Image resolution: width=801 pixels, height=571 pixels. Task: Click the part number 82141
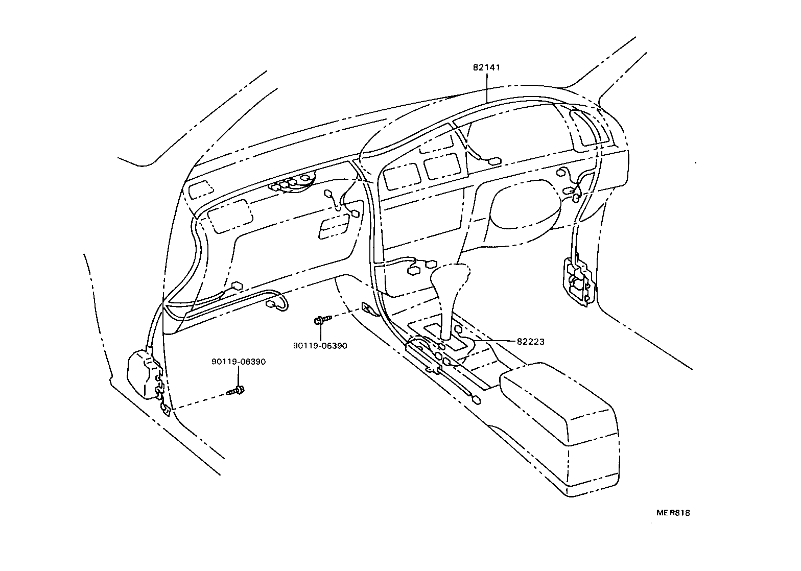click(x=486, y=67)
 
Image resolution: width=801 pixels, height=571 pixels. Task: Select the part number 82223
click(x=530, y=342)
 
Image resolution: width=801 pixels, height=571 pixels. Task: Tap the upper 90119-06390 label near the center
click(x=320, y=346)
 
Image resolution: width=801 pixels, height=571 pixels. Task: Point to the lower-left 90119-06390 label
click(x=239, y=362)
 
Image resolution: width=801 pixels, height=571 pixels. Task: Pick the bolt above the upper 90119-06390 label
click(x=321, y=320)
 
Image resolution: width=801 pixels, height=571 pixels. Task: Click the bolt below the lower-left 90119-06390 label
click(x=235, y=392)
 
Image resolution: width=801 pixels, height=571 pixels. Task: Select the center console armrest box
click(x=559, y=403)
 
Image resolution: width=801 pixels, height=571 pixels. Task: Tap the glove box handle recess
click(x=335, y=226)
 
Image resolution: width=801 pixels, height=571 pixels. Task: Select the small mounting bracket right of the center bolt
click(x=369, y=308)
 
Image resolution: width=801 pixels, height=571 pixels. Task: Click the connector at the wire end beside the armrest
click(x=477, y=400)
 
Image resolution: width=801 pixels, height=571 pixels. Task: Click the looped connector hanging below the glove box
click(x=276, y=305)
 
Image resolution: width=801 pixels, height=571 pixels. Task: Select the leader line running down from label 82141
click(x=486, y=87)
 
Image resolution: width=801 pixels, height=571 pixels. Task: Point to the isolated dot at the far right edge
click(x=696, y=163)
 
